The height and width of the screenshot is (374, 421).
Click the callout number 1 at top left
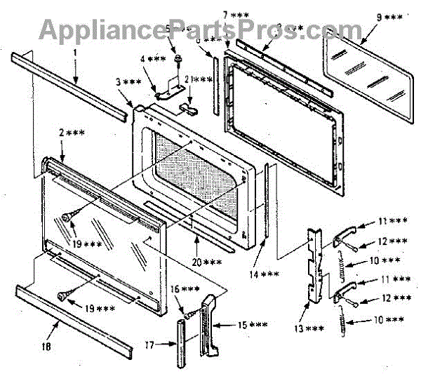click(74, 51)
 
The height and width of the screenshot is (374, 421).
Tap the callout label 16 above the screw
click(189, 289)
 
